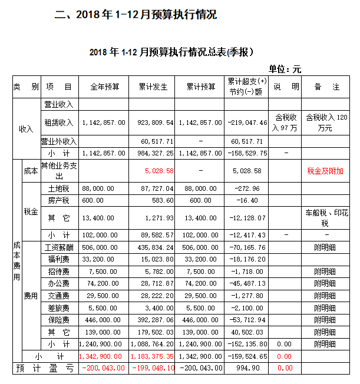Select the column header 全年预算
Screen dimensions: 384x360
click(x=104, y=87)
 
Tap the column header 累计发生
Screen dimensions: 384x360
click(x=153, y=87)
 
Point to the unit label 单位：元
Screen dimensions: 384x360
click(x=285, y=69)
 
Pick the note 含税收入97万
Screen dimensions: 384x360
click(x=285, y=123)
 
